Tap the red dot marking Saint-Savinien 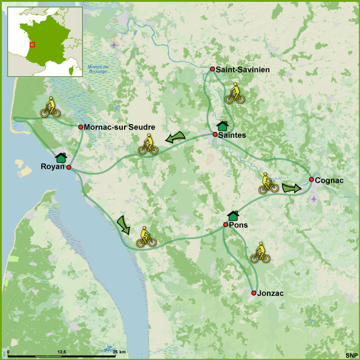pos(212,69)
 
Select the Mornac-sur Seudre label pos(120,127)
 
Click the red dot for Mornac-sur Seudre pos(80,127)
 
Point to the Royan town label pos(52,167)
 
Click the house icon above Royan pos(61,157)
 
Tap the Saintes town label pos(232,135)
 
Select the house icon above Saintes pos(222,125)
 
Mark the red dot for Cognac pos(311,180)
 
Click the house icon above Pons pos(233,215)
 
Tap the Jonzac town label pos(271,293)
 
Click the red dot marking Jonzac pos(254,293)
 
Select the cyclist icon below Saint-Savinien pos(234,93)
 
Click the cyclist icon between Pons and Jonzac pos(260,252)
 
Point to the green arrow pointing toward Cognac pos(291,188)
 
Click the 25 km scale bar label pos(119,352)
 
